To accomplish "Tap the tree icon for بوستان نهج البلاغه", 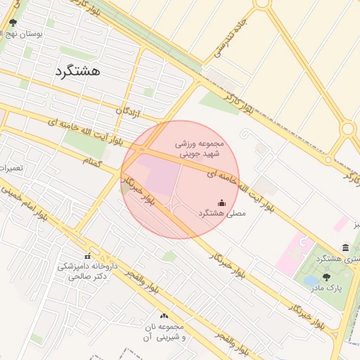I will tap(13, 23).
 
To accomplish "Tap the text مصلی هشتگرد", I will tap(222, 212).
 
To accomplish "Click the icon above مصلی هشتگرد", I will tap(222, 202).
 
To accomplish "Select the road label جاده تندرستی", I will tap(227, 41).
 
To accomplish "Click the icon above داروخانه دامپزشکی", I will tap(88, 256).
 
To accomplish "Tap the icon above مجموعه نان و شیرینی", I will tap(164, 316).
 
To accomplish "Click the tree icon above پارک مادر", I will tap(326, 277).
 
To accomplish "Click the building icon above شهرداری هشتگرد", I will tap(345, 247).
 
